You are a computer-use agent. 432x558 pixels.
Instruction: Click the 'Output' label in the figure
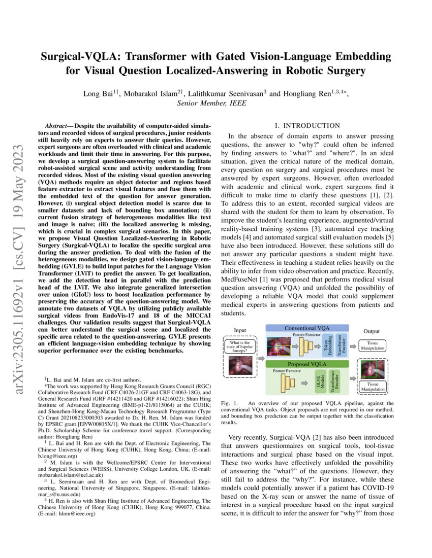(375, 331)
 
